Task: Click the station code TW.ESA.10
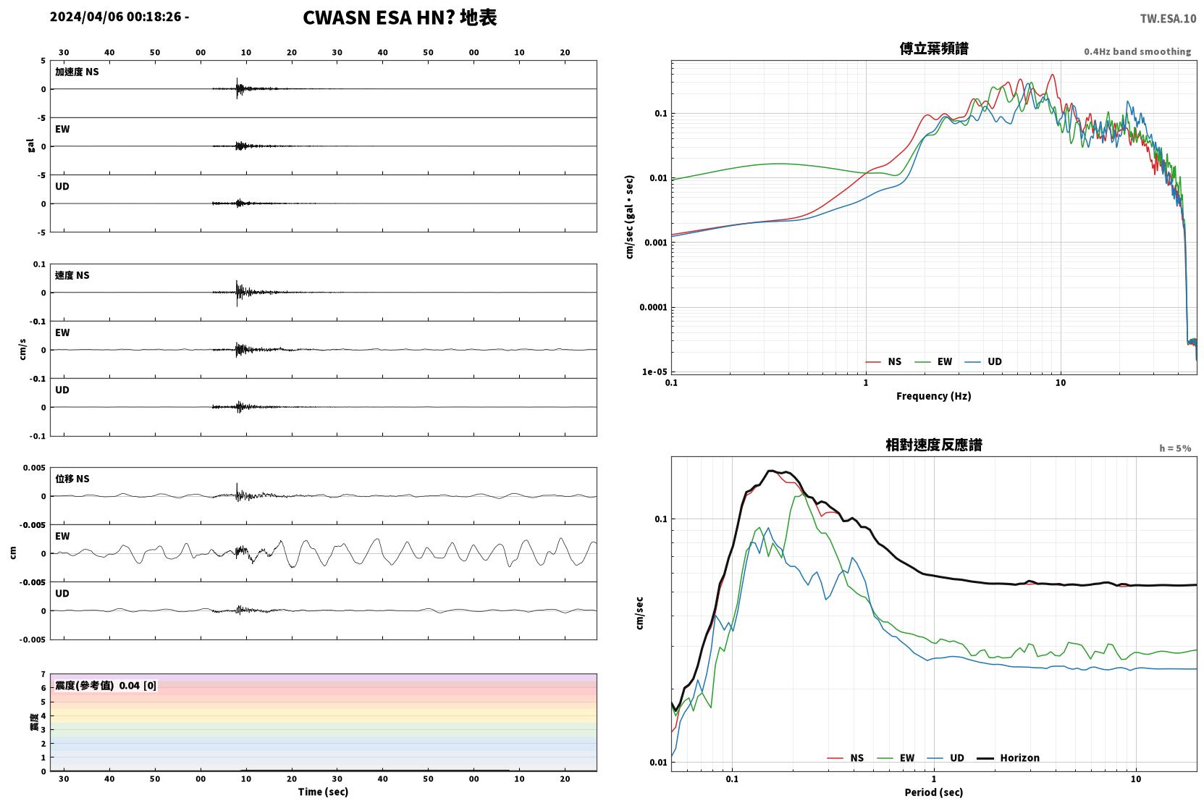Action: point(1168,19)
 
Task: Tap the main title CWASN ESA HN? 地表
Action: point(400,18)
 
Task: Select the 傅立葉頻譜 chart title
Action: point(934,49)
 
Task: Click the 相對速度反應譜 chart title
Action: point(934,445)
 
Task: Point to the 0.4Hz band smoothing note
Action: point(1137,51)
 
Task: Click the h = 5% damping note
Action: point(1175,448)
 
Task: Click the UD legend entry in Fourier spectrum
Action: point(983,361)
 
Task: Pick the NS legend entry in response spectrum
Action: point(846,757)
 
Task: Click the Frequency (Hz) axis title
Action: point(934,396)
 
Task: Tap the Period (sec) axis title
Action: point(934,792)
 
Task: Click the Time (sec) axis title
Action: point(323,792)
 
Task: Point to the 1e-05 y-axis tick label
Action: point(654,371)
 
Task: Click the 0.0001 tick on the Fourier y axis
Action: point(653,307)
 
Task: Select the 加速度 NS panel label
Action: point(77,72)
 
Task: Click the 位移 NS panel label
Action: point(72,479)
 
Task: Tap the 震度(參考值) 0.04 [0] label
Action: point(106,686)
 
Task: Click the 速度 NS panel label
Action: point(72,275)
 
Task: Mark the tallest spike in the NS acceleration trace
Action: point(237,79)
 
